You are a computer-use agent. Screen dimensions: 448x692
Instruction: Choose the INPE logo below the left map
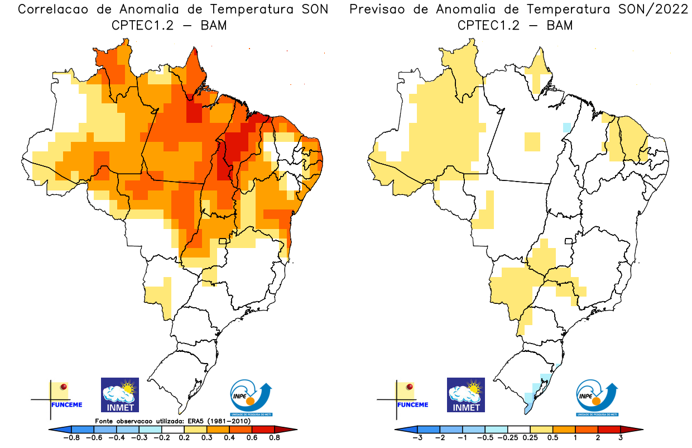[251, 397]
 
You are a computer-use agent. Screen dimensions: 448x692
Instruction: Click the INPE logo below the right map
[596, 397]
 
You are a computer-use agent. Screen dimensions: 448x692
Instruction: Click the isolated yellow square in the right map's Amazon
[532, 142]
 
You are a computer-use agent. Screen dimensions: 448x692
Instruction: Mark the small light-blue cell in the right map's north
[566, 127]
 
